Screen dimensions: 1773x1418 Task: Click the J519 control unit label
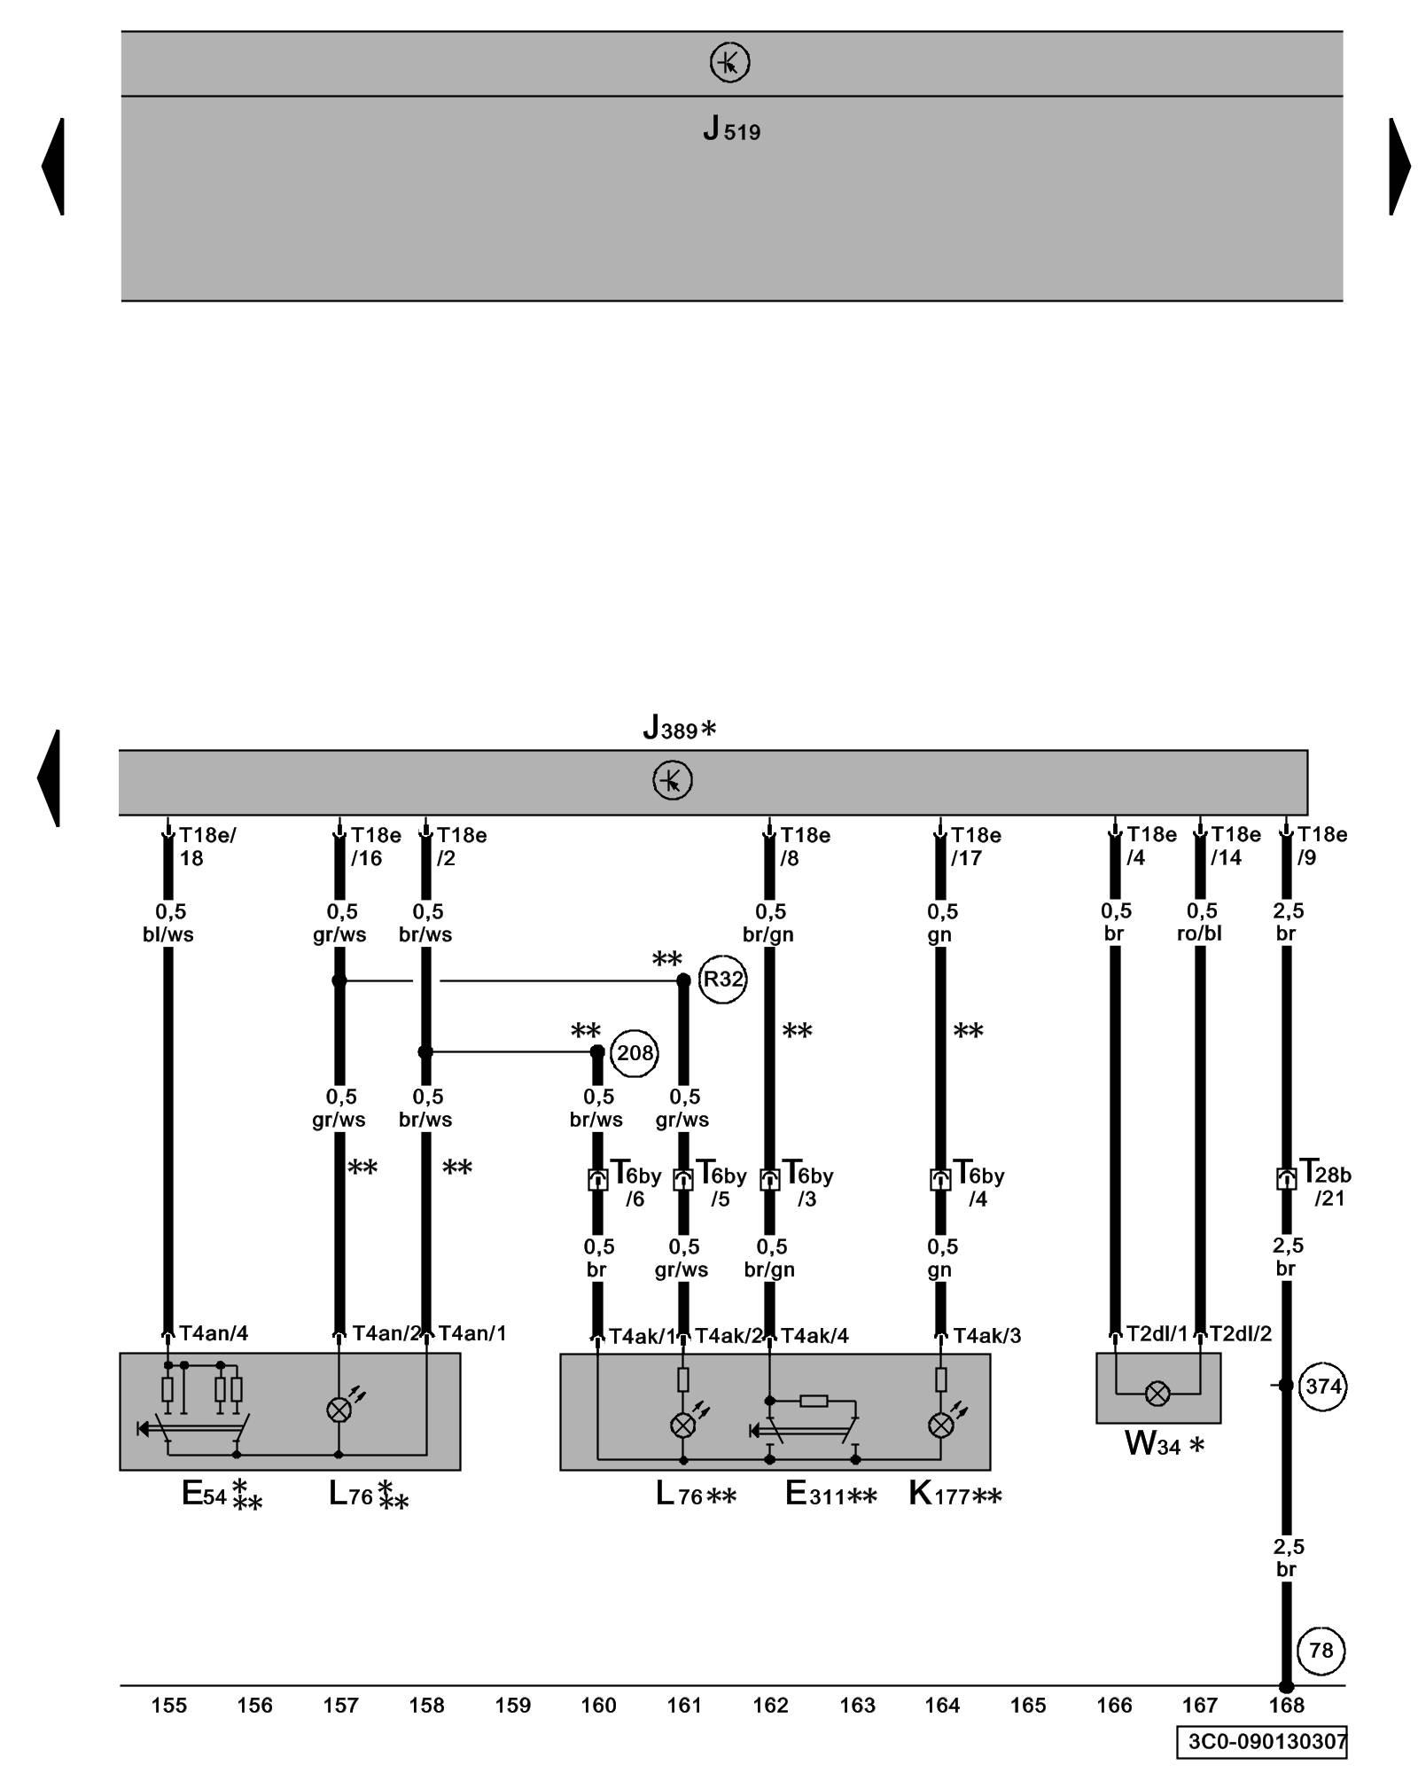point(731,130)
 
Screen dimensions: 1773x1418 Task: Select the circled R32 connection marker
point(722,980)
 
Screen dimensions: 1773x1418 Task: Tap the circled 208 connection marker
point(635,1052)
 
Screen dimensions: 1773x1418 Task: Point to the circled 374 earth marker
point(1322,1386)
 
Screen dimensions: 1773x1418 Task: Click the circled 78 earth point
point(1321,1651)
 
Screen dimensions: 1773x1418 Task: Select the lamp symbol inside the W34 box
point(1157,1394)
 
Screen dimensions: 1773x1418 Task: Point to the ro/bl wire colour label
point(1200,933)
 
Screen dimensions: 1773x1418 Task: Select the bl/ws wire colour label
point(168,934)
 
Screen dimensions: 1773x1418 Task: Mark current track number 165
point(1028,1705)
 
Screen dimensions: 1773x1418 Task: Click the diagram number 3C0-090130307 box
point(1263,1740)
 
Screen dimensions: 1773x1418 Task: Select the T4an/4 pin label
point(214,1333)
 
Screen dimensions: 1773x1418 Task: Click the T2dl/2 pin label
point(1241,1333)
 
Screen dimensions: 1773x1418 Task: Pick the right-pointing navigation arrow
point(1399,166)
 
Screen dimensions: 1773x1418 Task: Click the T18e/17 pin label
point(976,847)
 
